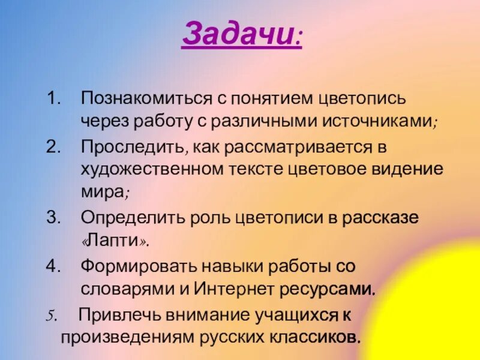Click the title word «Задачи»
click(238, 35)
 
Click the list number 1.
click(53, 97)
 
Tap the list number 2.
click(53, 146)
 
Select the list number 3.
click(53, 217)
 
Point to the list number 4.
click(53, 265)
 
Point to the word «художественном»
click(152, 169)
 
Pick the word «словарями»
click(124, 288)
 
